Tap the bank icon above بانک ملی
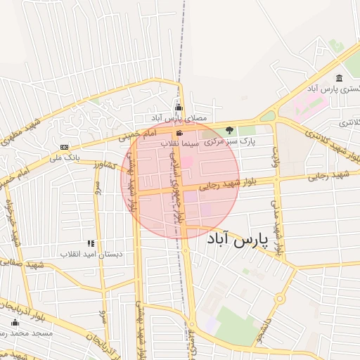pos(65,146)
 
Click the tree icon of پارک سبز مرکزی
pos(229,130)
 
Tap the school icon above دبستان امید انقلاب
pos(91,243)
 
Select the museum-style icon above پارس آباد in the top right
pos(340,78)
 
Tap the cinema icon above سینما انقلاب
pos(180,132)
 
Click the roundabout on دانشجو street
pos(280,300)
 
